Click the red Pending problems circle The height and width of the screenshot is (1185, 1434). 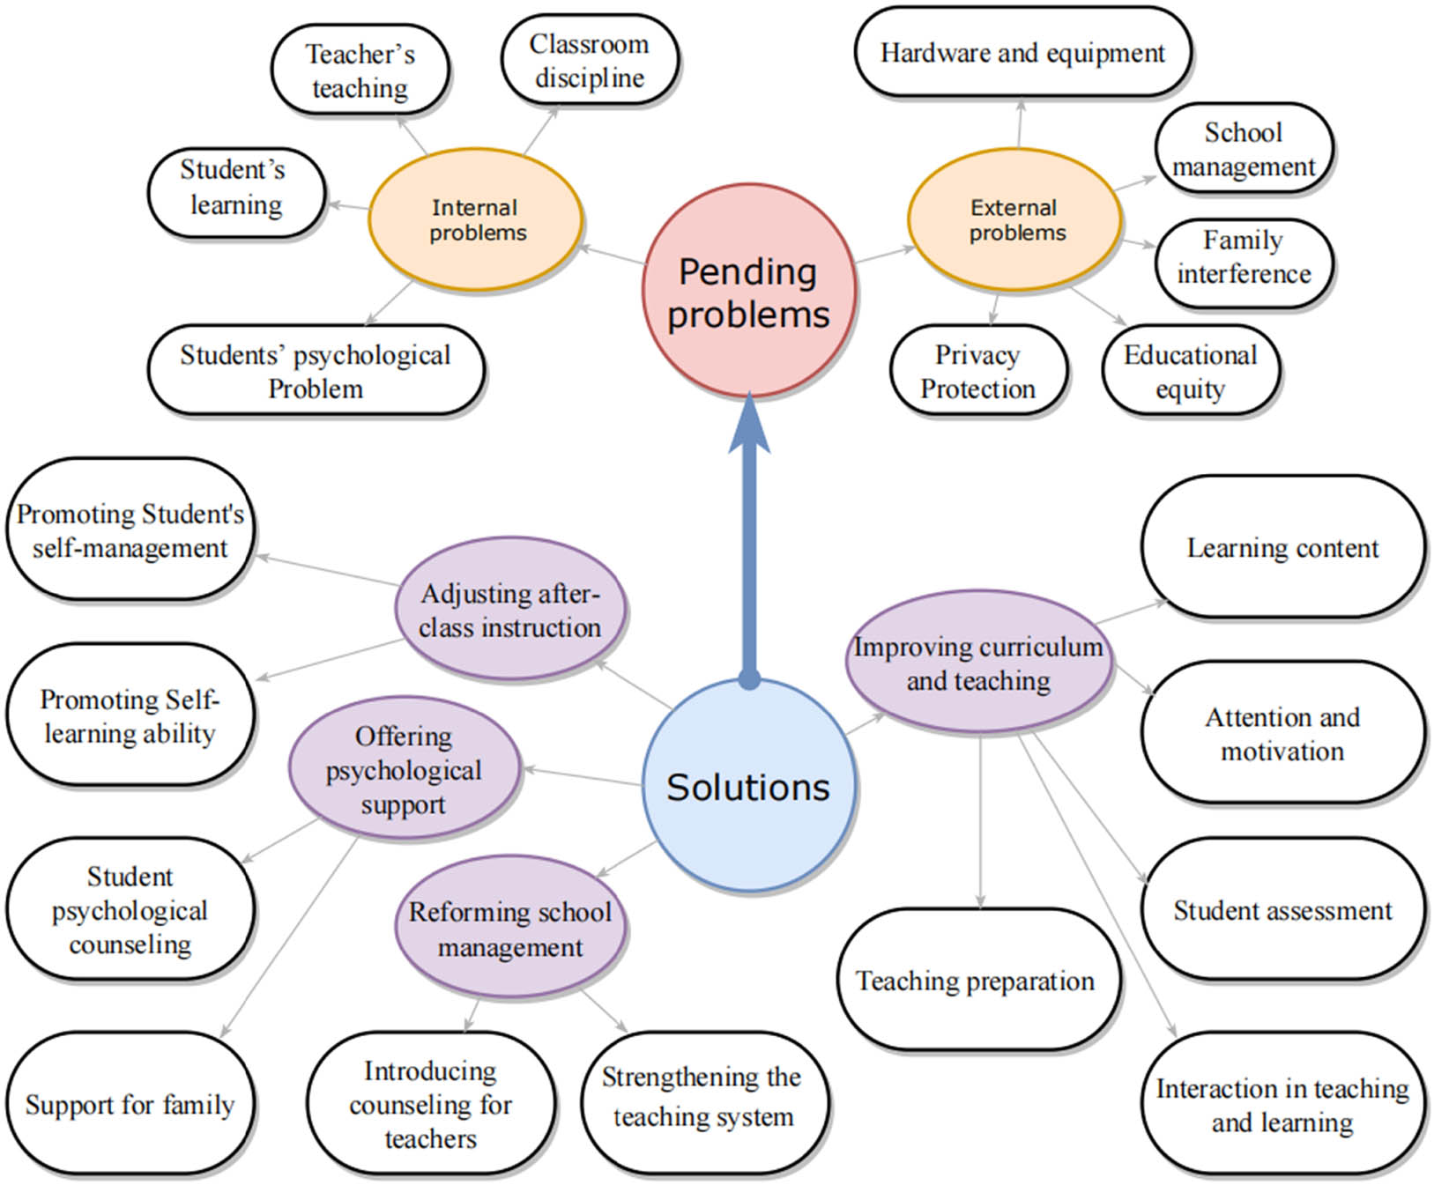pyautogui.click(x=748, y=291)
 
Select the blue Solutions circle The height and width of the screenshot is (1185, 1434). pyautogui.click(x=748, y=786)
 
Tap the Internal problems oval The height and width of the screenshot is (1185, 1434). pyautogui.click(x=476, y=219)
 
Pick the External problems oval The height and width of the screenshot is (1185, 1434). pyautogui.click(x=1015, y=219)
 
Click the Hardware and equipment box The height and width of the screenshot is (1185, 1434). pyautogui.click(x=1022, y=53)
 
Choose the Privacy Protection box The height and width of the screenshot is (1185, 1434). pyautogui.click(x=978, y=371)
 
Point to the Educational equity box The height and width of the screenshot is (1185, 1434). pyautogui.click(x=1190, y=371)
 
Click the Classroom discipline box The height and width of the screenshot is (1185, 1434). pyautogui.click(x=590, y=60)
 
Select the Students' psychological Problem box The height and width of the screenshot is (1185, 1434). pyautogui.click(x=316, y=371)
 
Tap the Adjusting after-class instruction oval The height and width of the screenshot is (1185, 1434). pyautogui.click(x=510, y=610)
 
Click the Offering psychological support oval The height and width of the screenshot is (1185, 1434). pyautogui.click(x=405, y=769)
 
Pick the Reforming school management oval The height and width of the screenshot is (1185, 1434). pyautogui.click(x=510, y=929)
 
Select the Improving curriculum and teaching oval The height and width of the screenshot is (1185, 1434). pyautogui.click(x=978, y=663)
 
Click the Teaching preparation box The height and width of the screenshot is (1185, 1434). pyautogui.click(x=977, y=980)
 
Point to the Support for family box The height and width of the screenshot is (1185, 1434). pyautogui.click(x=130, y=1104)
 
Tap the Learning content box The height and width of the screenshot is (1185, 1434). pyautogui.click(x=1282, y=547)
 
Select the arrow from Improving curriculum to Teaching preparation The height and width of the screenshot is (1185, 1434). pyautogui.click(x=980, y=819)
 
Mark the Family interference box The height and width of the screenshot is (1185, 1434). pyautogui.click(x=1244, y=256)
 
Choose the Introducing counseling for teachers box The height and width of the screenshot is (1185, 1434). pyautogui.click(x=431, y=1104)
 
